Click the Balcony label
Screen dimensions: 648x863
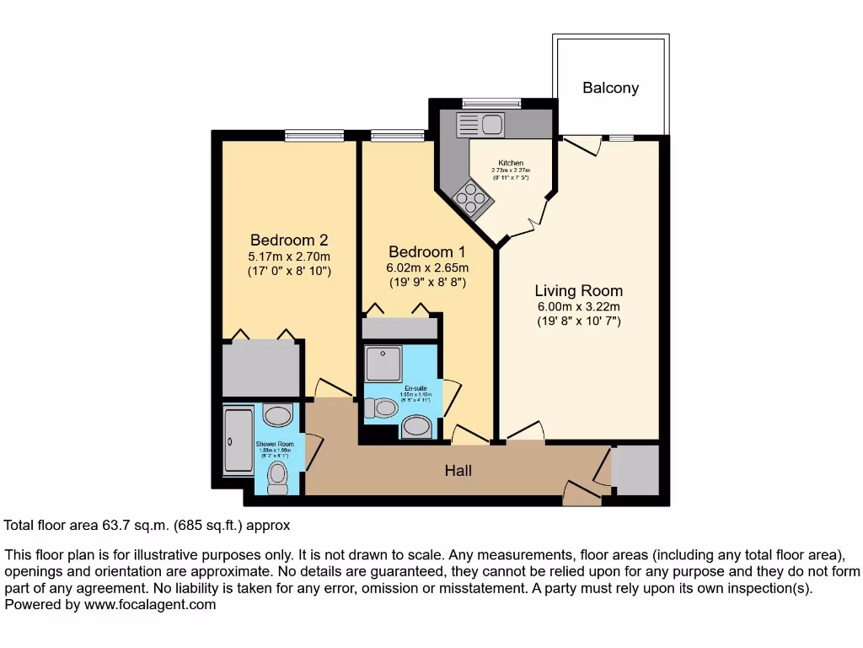610,88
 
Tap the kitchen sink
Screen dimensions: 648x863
480,124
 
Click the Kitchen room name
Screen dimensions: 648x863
511,163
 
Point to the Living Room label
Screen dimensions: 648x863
578,291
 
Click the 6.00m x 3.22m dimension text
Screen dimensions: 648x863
578,306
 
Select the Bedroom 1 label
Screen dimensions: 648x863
426,251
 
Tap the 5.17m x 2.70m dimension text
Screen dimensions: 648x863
288,256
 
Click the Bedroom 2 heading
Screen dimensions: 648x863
288,240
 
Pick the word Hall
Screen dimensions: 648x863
458,471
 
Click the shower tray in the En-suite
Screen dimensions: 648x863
383,363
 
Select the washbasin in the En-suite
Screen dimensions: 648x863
416,427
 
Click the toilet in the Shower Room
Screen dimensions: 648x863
276,478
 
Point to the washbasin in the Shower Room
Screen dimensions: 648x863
276,415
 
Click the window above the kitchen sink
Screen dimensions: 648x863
491,103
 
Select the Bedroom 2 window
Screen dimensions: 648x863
314,135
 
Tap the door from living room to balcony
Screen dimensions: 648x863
582,145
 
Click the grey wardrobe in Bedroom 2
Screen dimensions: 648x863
261,369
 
